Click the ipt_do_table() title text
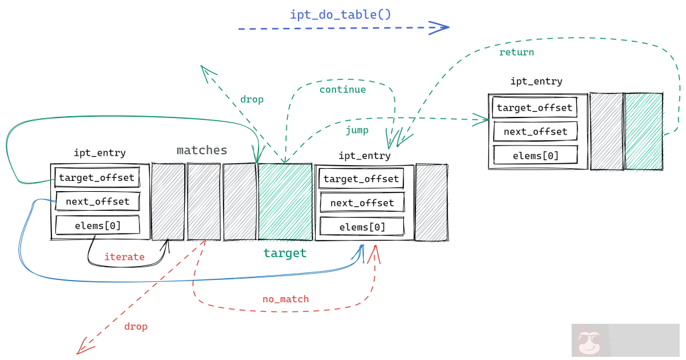340,14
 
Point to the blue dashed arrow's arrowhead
440,27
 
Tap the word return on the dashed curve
516,52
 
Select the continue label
342,90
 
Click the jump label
357,130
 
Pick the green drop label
252,100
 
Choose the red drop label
135,326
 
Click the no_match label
285,298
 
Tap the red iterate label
124,257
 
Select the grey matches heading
201,150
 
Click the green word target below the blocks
285,253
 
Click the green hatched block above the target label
285,201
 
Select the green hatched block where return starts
643,131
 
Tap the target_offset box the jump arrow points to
534,107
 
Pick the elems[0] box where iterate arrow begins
97,225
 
